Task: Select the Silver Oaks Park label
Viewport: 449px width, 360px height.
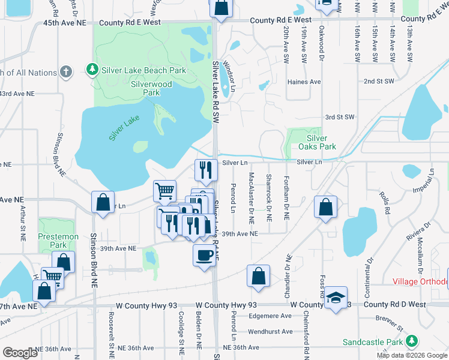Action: (317, 142)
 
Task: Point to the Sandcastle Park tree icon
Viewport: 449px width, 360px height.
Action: (412, 341)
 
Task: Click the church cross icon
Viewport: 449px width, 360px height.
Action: (65, 72)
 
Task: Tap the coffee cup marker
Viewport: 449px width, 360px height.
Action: (204, 254)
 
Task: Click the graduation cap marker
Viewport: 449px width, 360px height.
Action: (336, 297)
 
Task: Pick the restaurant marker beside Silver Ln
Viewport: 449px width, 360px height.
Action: (206, 170)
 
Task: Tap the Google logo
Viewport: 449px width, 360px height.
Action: (20, 353)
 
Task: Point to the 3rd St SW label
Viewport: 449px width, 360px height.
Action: (340, 117)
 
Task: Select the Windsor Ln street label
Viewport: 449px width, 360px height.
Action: (228, 71)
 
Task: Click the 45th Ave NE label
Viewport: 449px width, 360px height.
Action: (65, 22)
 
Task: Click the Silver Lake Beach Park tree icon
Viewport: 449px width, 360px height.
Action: (92, 70)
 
